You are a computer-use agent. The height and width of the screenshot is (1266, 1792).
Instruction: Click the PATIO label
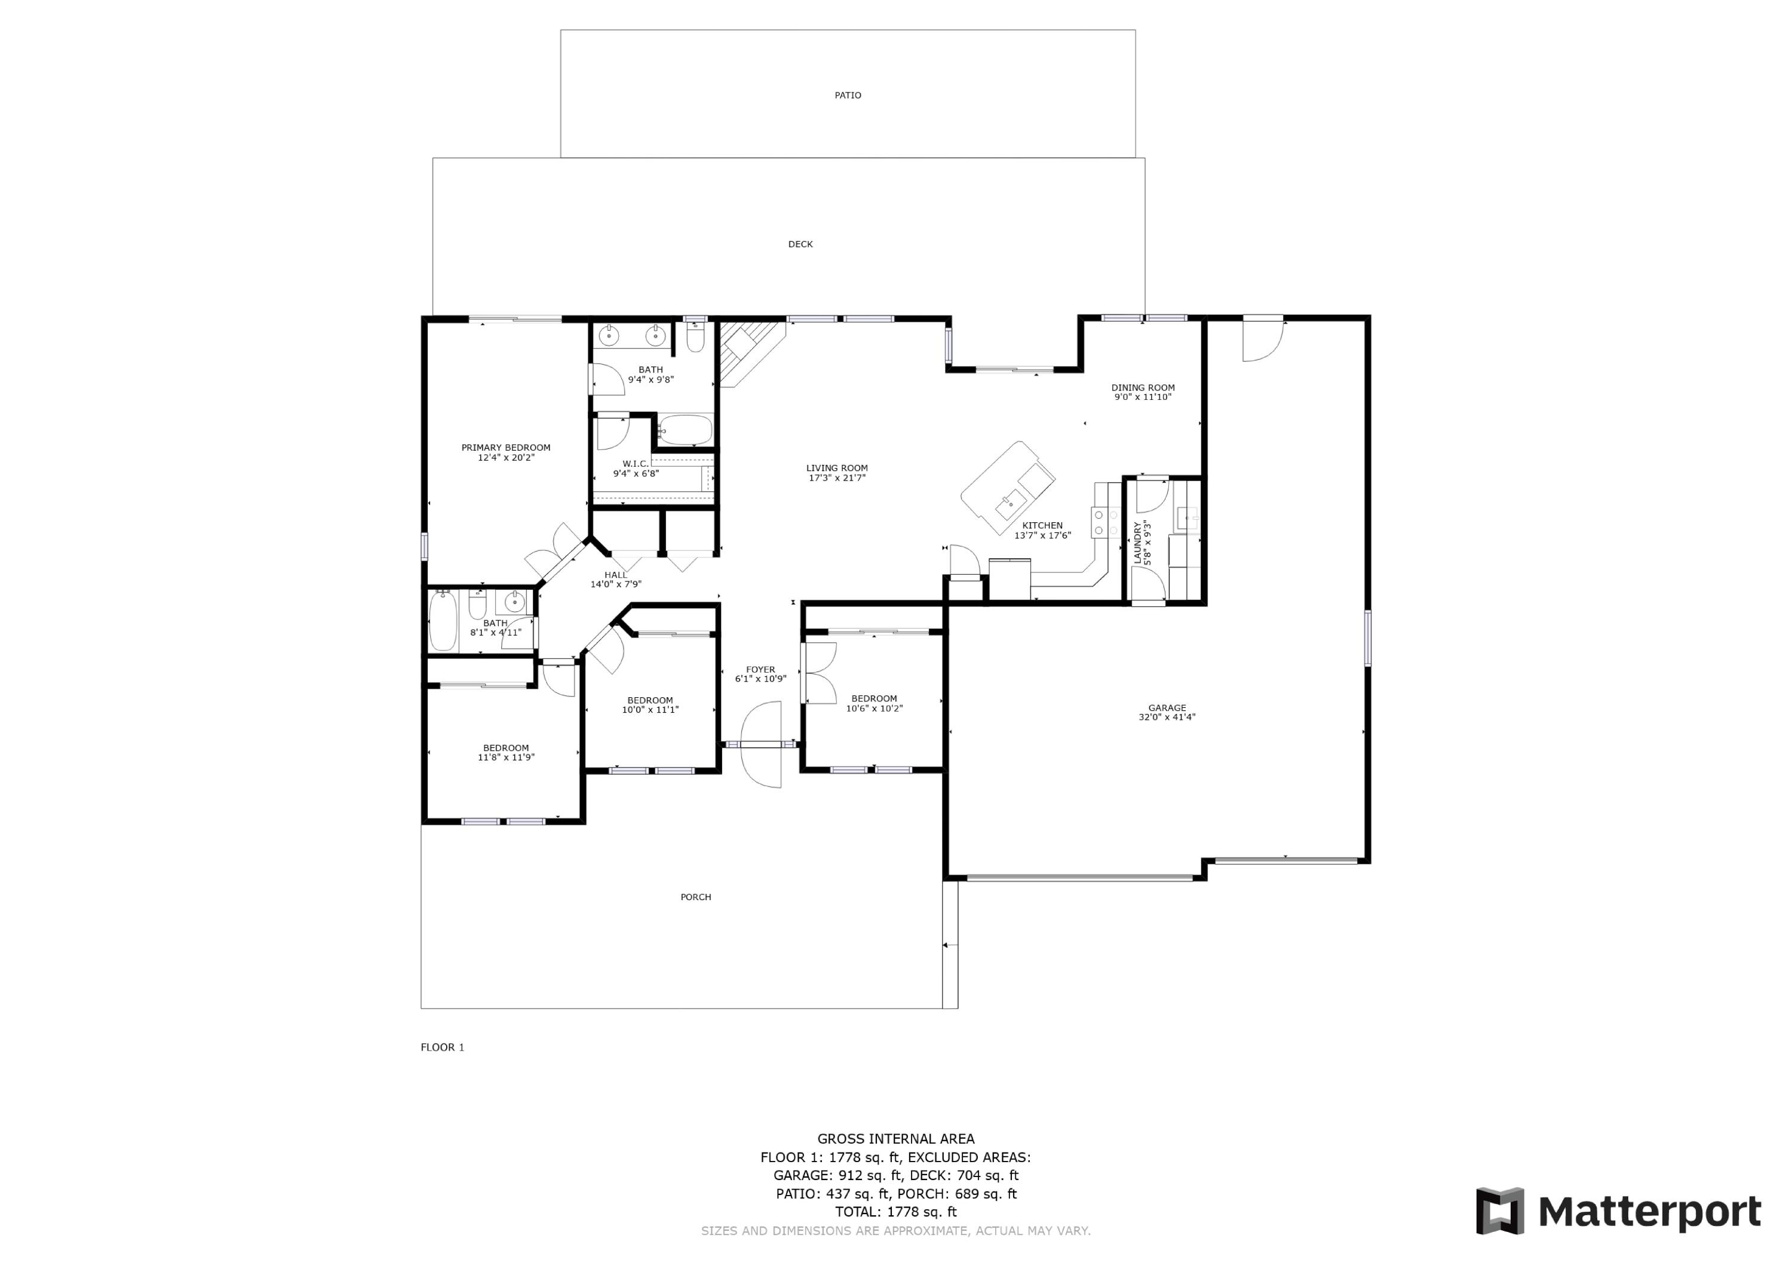[848, 95]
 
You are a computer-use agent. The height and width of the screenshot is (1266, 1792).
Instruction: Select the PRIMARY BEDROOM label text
[506, 448]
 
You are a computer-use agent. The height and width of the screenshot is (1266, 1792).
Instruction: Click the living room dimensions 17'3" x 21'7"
[837, 478]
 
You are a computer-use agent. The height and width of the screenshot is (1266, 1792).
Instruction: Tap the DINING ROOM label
[1143, 387]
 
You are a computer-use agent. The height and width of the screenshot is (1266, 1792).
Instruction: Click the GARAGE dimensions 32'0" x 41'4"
[1166, 717]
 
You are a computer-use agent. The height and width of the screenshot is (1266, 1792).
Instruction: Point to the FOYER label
[760, 669]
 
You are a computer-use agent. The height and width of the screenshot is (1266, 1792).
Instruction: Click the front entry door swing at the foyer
[761, 745]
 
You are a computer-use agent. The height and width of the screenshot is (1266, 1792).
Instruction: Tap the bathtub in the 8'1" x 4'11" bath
[443, 620]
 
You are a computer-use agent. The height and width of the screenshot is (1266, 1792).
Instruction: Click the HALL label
[615, 575]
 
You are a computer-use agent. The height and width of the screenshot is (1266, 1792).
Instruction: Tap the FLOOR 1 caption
[443, 1047]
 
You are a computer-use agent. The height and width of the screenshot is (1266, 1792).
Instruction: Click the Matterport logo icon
[1499, 1212]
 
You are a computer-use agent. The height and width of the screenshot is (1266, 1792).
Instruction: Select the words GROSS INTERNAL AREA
[895, 1139]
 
